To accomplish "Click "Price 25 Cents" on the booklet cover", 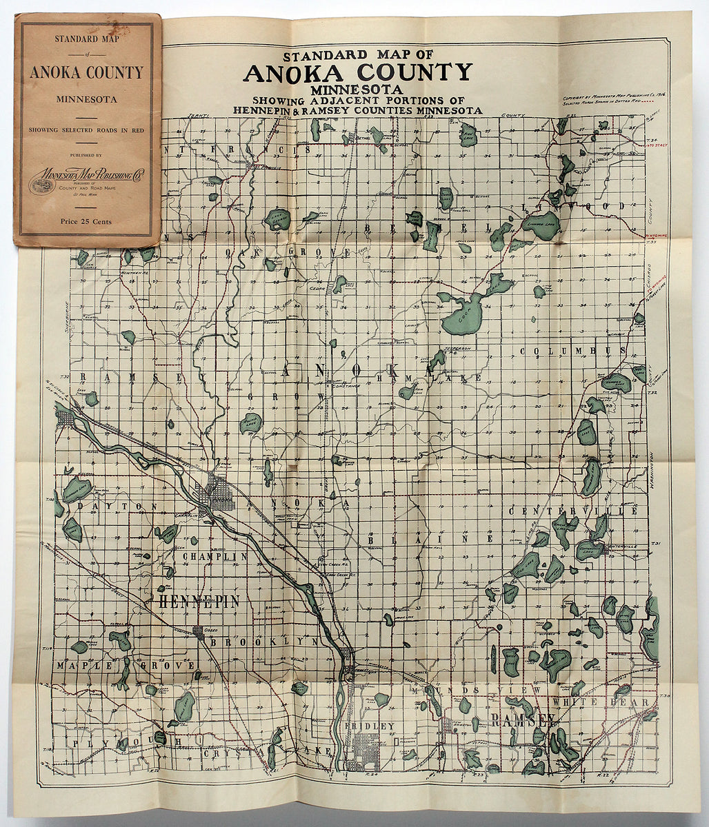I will click(x=86, y=221).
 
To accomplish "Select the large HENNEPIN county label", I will click(x=199, y=601).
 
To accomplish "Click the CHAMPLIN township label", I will click(x=214, y=556).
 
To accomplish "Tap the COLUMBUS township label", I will click(x=572, y=351).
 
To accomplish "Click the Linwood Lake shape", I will click(x=541, y=225).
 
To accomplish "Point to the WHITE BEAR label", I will click(x=610, y=702).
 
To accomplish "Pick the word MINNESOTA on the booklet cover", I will click(x=87, y=99).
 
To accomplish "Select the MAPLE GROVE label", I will click(x=126, y=666).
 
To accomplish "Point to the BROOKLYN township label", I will click(x=264, y=641).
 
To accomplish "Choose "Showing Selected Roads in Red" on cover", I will click(x=87, y=130).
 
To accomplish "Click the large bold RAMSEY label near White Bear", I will click(x=523, y=720).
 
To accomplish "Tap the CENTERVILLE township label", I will click(x=574, y=511).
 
